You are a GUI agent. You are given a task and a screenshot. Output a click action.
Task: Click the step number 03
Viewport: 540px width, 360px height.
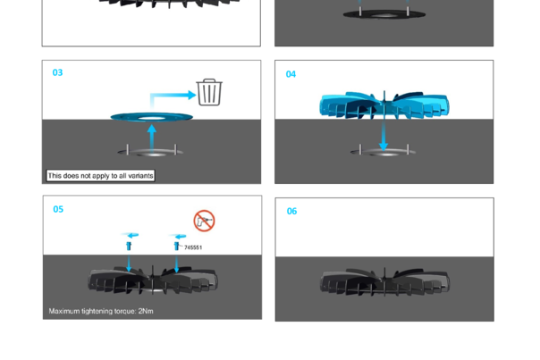click(x=57, y=72)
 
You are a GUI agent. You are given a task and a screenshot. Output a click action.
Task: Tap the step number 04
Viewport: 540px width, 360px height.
click(x=291, y=74)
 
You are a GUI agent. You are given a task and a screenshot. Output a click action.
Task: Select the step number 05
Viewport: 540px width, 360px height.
click(x=58, y=209)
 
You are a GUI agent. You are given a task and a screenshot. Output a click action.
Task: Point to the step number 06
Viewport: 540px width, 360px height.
click(x=291, y=211)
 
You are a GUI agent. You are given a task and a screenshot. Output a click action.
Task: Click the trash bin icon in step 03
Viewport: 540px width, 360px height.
click(x=209, y=92)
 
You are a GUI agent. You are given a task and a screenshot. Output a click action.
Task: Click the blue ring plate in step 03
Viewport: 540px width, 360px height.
click(x=152, y=116)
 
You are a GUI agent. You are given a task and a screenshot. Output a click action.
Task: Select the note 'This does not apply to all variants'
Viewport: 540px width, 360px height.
click(x=100, y=176)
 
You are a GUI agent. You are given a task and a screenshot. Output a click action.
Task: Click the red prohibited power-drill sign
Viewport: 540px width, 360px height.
click(x=204, y=221)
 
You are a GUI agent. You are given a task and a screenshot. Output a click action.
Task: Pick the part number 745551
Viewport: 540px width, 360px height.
click(x=192, y=247)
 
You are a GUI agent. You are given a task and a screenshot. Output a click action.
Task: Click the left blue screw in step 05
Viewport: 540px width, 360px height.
click(x=129, y=242)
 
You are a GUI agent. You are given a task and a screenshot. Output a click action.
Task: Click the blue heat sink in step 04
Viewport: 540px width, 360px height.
click(x=384, y=106)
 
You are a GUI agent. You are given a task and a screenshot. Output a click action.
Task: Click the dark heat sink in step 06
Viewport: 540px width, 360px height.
click(x=384, y=284)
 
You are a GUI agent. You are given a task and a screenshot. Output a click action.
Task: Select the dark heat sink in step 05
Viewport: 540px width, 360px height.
click(x=152, y=282)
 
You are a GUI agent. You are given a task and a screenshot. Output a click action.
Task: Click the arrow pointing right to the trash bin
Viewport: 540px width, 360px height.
click(x=174, y=95)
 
